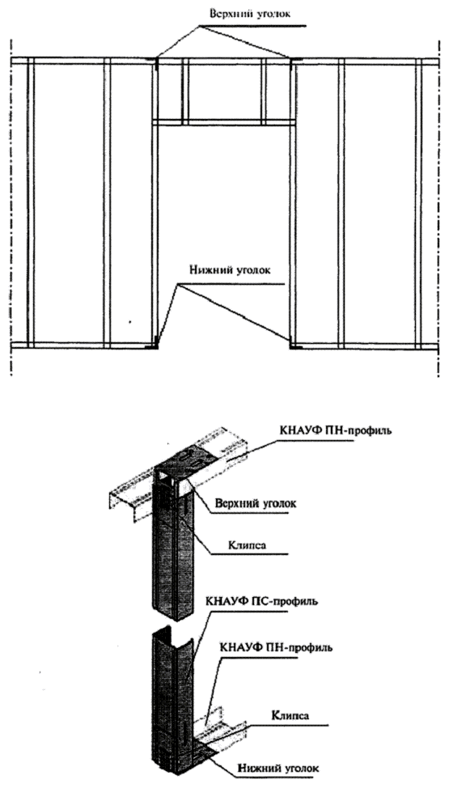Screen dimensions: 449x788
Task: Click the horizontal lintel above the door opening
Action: (x=224, y=122)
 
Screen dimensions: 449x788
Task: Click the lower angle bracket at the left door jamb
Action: (x=152, y=345)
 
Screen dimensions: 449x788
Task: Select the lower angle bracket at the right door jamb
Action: (x=295, y=345)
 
